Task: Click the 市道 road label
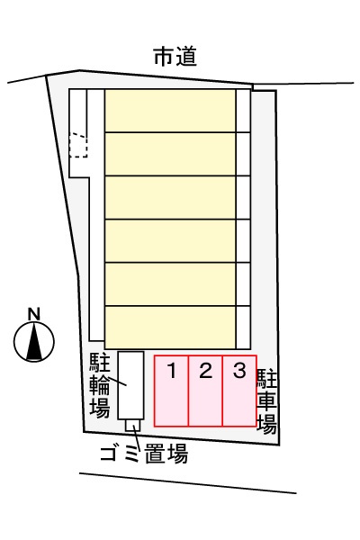175,58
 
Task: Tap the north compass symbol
34,342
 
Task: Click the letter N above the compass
34,314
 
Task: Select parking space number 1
171,391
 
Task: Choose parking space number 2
205,391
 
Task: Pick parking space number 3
239,391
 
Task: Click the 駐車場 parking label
267,401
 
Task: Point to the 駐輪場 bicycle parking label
100,385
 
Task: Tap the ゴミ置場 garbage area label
144,454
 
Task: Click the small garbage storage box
133,426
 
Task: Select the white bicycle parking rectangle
130,385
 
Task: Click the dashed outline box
78,146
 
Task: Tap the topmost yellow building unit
170,111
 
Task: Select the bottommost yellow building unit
170,328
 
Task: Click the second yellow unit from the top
170,154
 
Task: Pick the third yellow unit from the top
170,198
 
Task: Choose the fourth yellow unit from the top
170,241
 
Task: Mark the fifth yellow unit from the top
170,284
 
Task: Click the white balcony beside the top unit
243,111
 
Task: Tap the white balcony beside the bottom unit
243,328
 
